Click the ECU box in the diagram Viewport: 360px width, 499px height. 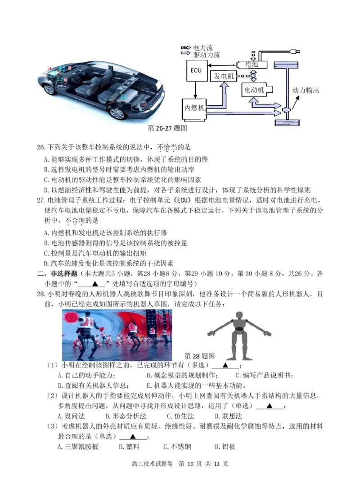point(196,71)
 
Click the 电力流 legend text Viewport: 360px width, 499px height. point(203,48)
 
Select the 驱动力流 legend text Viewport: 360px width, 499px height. point(207,55)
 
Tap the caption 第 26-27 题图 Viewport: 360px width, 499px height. point(167,128)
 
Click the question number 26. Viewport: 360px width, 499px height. point(40,147)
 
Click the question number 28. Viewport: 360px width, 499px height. point(40,294)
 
